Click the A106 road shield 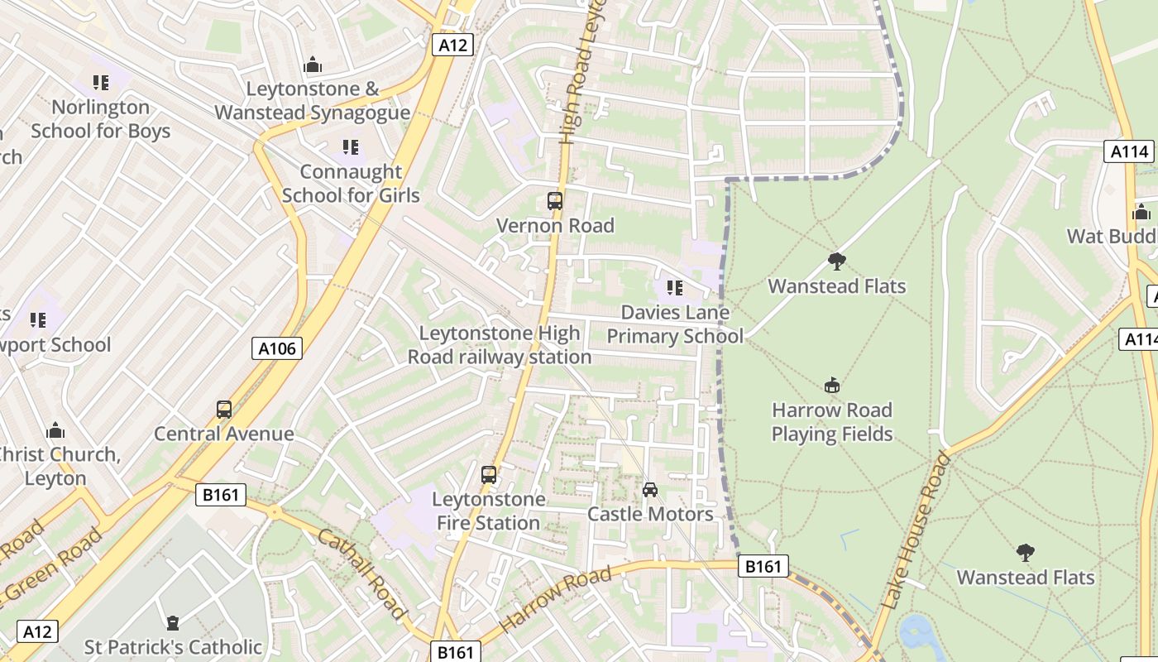(x=277, y=348)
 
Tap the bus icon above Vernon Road (x=555, y=200)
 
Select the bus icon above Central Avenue (x=224, y=409)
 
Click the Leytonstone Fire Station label (x=489, y=511)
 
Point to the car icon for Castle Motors (x=650, y=490)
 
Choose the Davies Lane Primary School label (x=675, y=324)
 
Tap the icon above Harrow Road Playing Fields (x=832, y=385)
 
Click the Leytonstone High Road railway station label (x=500, y=345)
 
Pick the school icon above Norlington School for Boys (x=101, y=82)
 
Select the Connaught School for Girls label (x=351, y=184)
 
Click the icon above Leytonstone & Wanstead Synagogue (x=313, y=64)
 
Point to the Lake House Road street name (x=916, y=530)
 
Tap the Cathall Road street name (x=362, y=573)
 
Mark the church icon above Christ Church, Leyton (x=55, y=430)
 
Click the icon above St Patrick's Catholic (x=173, y=622)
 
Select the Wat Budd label (x=1111, y=237)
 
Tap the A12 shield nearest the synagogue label (x=452, y=45)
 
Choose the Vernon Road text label (x=555, y=226)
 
